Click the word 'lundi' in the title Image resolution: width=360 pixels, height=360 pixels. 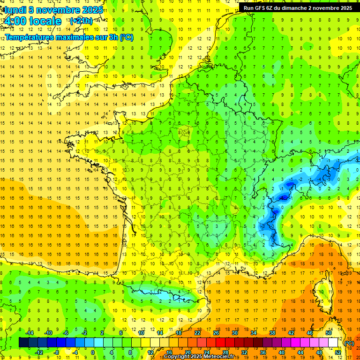click(15, 9)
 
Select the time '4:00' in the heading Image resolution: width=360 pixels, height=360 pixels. click(15, 21)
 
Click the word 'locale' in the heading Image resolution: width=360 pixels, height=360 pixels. click(45, 21)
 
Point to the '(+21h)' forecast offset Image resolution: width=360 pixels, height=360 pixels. click(81, 21)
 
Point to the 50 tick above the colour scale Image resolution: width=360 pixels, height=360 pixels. click(328, 333)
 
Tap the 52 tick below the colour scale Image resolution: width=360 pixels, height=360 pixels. click(338, 352)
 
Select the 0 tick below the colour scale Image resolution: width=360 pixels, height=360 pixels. click(92, 352)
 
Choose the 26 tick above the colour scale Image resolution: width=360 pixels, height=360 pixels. click(216, 333)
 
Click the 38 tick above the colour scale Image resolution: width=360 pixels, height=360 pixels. click(272, 333)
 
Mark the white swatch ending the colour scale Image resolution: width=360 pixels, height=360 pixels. click(333, 343)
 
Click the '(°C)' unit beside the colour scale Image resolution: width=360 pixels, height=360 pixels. click(348, 343)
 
